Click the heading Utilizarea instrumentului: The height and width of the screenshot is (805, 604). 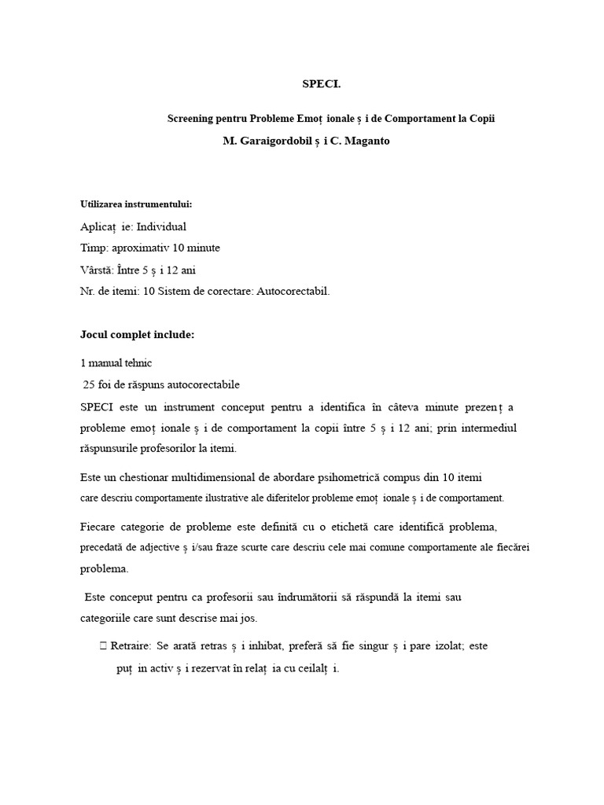[x=135, y=204]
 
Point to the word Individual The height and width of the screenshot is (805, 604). [x=161, y=226]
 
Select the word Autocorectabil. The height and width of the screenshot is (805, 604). [x=293, y=291]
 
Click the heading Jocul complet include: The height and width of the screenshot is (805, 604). [x=137, y=334]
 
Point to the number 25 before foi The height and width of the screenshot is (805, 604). [x=90, y=384]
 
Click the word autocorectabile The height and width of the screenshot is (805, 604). [x=200, y=384]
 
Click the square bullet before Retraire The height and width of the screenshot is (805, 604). [x=103, y=646]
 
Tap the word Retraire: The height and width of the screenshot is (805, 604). [x=131, y=646]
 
